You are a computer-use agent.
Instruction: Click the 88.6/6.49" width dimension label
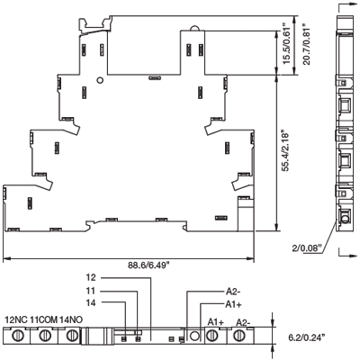[149, 265]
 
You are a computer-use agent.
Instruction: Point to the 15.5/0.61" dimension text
[287, 43]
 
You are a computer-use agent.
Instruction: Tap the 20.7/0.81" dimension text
[306, 44]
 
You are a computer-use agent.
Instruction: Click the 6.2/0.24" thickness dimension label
[307, 338]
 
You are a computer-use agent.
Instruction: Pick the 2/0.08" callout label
[307, 247]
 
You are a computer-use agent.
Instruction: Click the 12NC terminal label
[16, 319]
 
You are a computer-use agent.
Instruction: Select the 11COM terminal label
[44, 319]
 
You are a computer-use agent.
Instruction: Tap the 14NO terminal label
[71, 319]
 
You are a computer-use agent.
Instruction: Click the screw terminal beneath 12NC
[17, 335]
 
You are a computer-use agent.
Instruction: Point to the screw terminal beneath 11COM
[45, 335]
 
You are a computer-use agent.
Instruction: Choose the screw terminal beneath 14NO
[71, 335]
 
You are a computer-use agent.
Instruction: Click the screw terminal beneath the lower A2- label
[239, 335]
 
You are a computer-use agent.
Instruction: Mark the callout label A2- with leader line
[233, 292]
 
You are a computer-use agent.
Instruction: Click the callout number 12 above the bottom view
[91, 277]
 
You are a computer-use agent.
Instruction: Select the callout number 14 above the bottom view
[91, 303]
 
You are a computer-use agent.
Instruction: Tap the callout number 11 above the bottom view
[91, 291]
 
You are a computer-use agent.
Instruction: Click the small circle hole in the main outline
[100, 80]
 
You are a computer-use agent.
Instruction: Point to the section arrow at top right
[348, 4]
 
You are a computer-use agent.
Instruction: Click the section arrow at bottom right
[348, 255]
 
